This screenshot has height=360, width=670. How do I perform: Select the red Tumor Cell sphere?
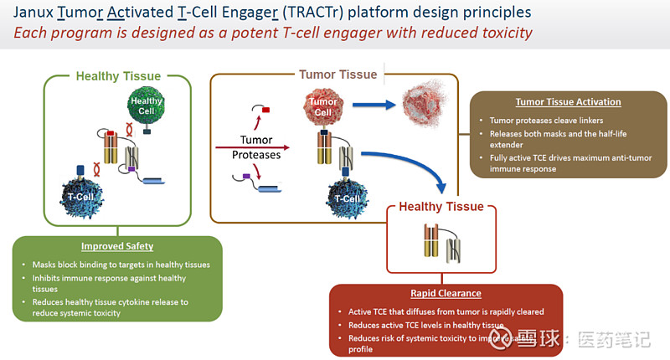pos(322,107)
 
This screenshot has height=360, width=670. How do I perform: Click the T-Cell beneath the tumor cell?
pos(347,198)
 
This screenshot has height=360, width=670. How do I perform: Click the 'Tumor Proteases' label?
pos(255,147)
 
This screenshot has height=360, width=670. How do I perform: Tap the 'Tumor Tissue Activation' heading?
pos(568,102)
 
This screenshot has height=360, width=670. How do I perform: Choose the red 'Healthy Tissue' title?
pos(441,207)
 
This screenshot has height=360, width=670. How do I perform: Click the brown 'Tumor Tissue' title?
pos(338,75)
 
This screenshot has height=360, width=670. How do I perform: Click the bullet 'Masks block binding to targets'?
pos(121,265)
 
